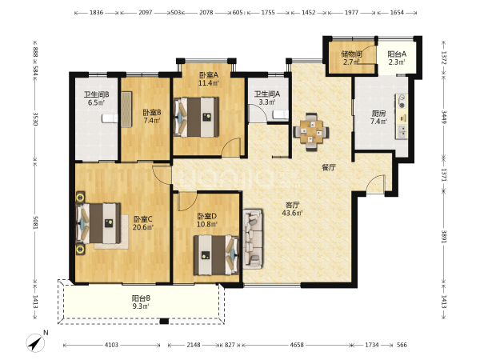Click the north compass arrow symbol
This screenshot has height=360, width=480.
[35, 343]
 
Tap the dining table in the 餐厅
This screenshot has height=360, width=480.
[311, 132]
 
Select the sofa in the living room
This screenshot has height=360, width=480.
[253, 239]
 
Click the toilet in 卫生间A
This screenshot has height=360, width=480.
[281, 115]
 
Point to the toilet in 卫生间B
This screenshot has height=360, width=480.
[110, 118]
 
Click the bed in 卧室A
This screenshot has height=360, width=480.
[197, 118]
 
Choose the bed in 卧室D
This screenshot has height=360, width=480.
[216, 255]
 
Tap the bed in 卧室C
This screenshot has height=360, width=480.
[98, 223]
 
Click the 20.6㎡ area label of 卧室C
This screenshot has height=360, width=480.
[143, 227]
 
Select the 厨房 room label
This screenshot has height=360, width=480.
[378, 114]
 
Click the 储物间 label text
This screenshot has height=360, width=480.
[352, 54]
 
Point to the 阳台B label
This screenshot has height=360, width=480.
[141, 298]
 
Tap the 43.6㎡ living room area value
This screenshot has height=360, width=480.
[292, 213]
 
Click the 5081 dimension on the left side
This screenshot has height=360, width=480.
[35, 222]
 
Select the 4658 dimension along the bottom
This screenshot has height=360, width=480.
[297, 345]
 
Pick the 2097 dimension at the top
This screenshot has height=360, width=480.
[145, 13]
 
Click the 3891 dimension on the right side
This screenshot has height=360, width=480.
[444, 236]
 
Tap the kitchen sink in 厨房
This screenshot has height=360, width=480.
[402, 132]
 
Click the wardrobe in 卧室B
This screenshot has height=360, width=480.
[126, 110]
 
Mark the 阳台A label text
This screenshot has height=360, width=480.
[397, 54]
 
